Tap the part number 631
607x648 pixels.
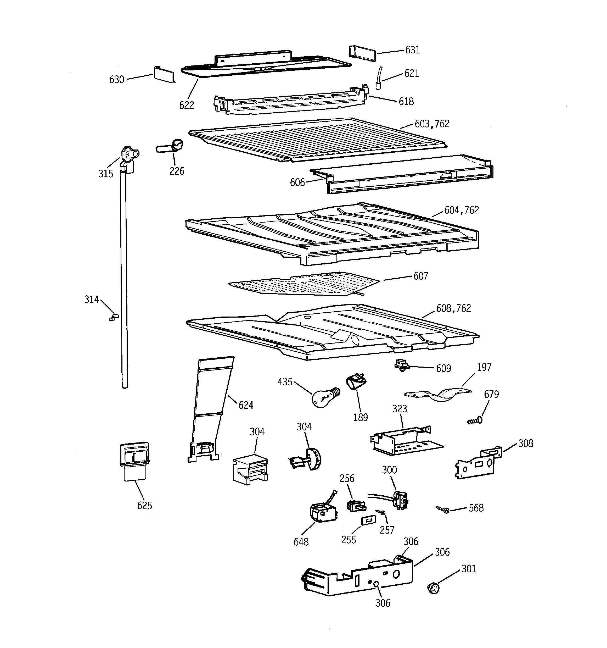coord(413,50)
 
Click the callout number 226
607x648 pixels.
coord(177,171)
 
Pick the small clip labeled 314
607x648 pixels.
coord(114,317)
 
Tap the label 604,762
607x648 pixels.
coord(462,210)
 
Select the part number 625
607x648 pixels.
coord(144,506)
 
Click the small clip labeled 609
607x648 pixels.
coord(401,365)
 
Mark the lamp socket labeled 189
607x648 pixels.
coord(356,382)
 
